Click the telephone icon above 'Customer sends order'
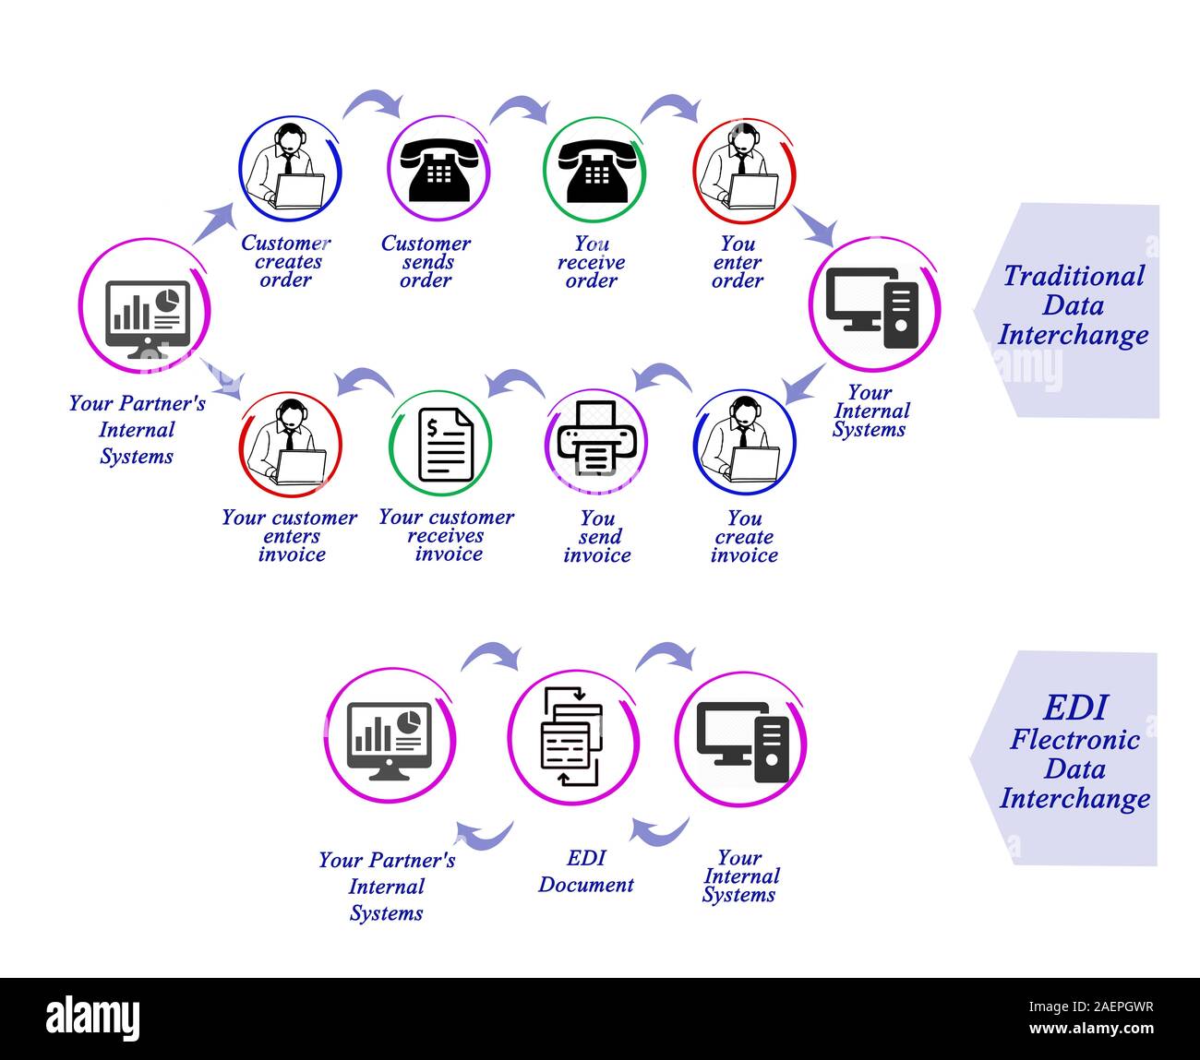click(438, 170)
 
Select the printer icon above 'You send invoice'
click(596, 440)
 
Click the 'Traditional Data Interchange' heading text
click(1073, 305)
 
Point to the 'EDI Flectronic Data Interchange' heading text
click(1074, 753)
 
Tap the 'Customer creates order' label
click(285, 262)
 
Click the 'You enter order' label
click(738, 262)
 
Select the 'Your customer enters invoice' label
click(290, 536)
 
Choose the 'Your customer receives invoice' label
click(447, 536)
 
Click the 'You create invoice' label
click(744, 537)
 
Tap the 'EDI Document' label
click(586, 872)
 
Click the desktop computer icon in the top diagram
click(872, 307)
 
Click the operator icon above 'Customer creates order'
click(290, 168)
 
